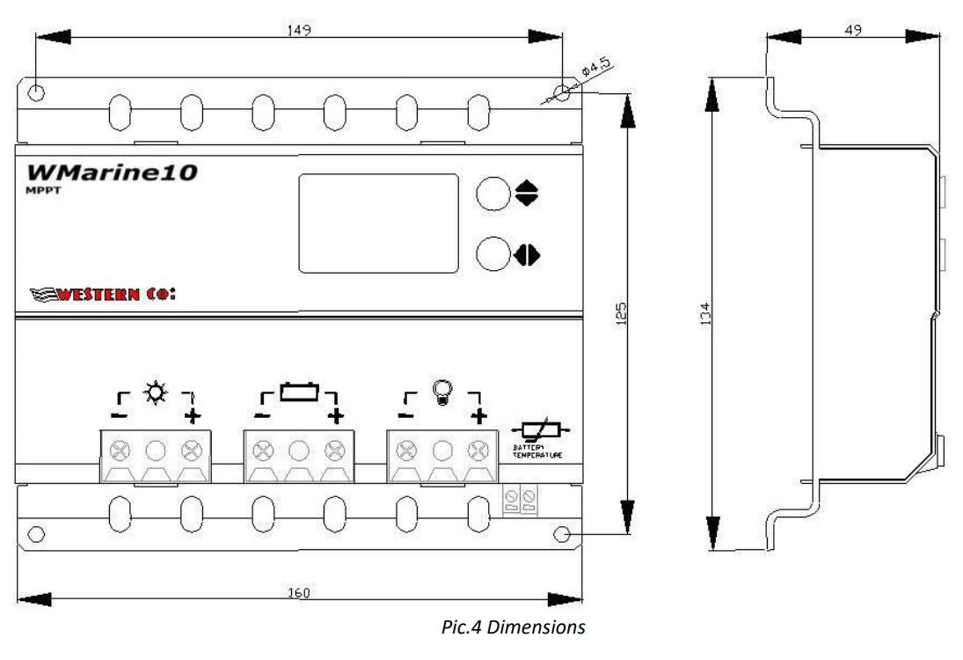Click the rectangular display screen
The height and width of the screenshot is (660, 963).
coord(378,222)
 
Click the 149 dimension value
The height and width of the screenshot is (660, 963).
coord(299,30)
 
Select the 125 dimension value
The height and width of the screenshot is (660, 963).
coord(621,314)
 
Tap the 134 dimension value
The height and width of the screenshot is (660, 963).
coord(704,314)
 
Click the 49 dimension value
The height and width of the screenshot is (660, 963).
coord(851,29)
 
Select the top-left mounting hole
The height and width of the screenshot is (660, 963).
coord(35,92)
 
